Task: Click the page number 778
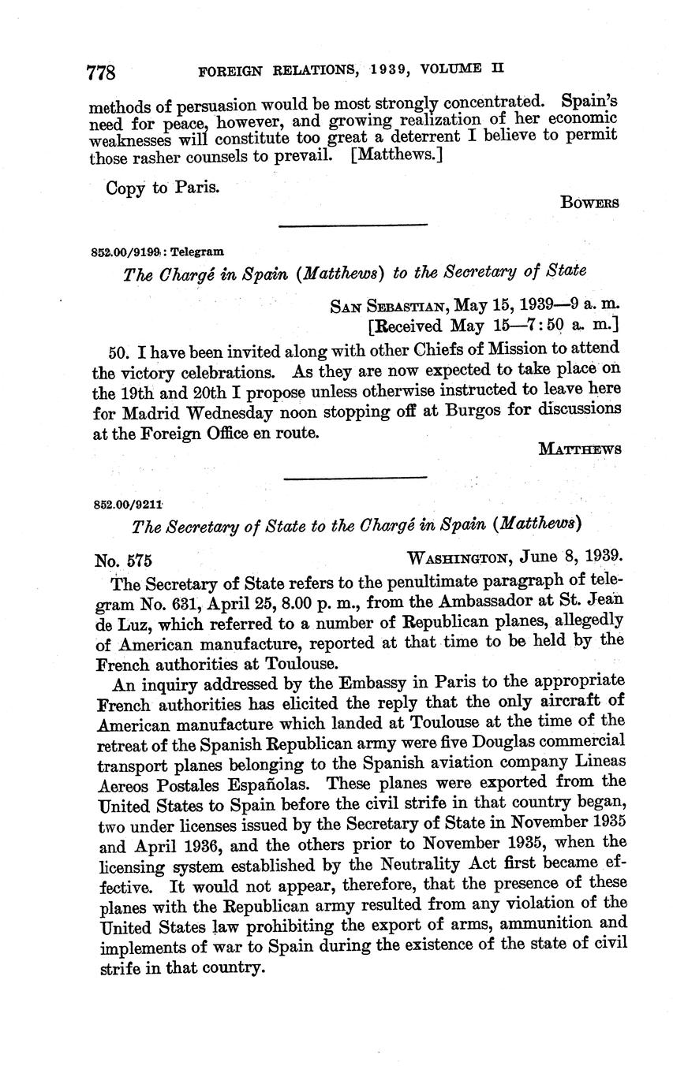102,73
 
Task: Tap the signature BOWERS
589,203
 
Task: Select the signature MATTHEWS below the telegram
580,449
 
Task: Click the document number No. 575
123,561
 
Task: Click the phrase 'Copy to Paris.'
162,188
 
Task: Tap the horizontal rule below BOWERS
353,226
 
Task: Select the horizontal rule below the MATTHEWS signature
354,477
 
